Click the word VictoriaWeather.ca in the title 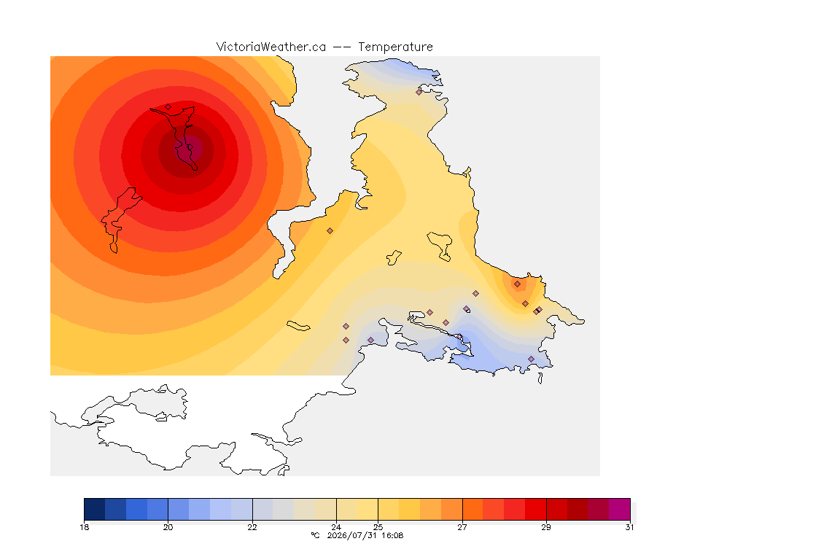coord(271,47)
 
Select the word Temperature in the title coord(395,47)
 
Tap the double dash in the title coord(342,47)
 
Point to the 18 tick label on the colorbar coord(84,527)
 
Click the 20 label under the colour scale coord(168,527)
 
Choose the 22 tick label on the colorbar coord(252,527)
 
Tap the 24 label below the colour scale coord(336,527)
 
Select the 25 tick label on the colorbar coord(378,527)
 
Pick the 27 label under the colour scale coord(462,527)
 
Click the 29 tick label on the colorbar coord(546,527)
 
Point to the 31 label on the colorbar coord(629,527)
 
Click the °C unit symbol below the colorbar coord(315,535)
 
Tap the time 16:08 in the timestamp coord(392,535)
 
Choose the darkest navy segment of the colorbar coord(95,509)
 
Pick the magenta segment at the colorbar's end coord(619,509)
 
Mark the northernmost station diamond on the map coord(419,92)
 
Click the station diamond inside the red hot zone coord(168,106)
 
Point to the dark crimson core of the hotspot coord(189,149)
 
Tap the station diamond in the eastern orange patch coord(517,284)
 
